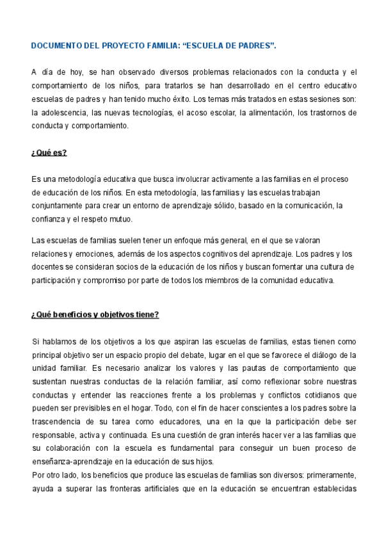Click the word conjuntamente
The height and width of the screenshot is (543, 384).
(58, 205)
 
